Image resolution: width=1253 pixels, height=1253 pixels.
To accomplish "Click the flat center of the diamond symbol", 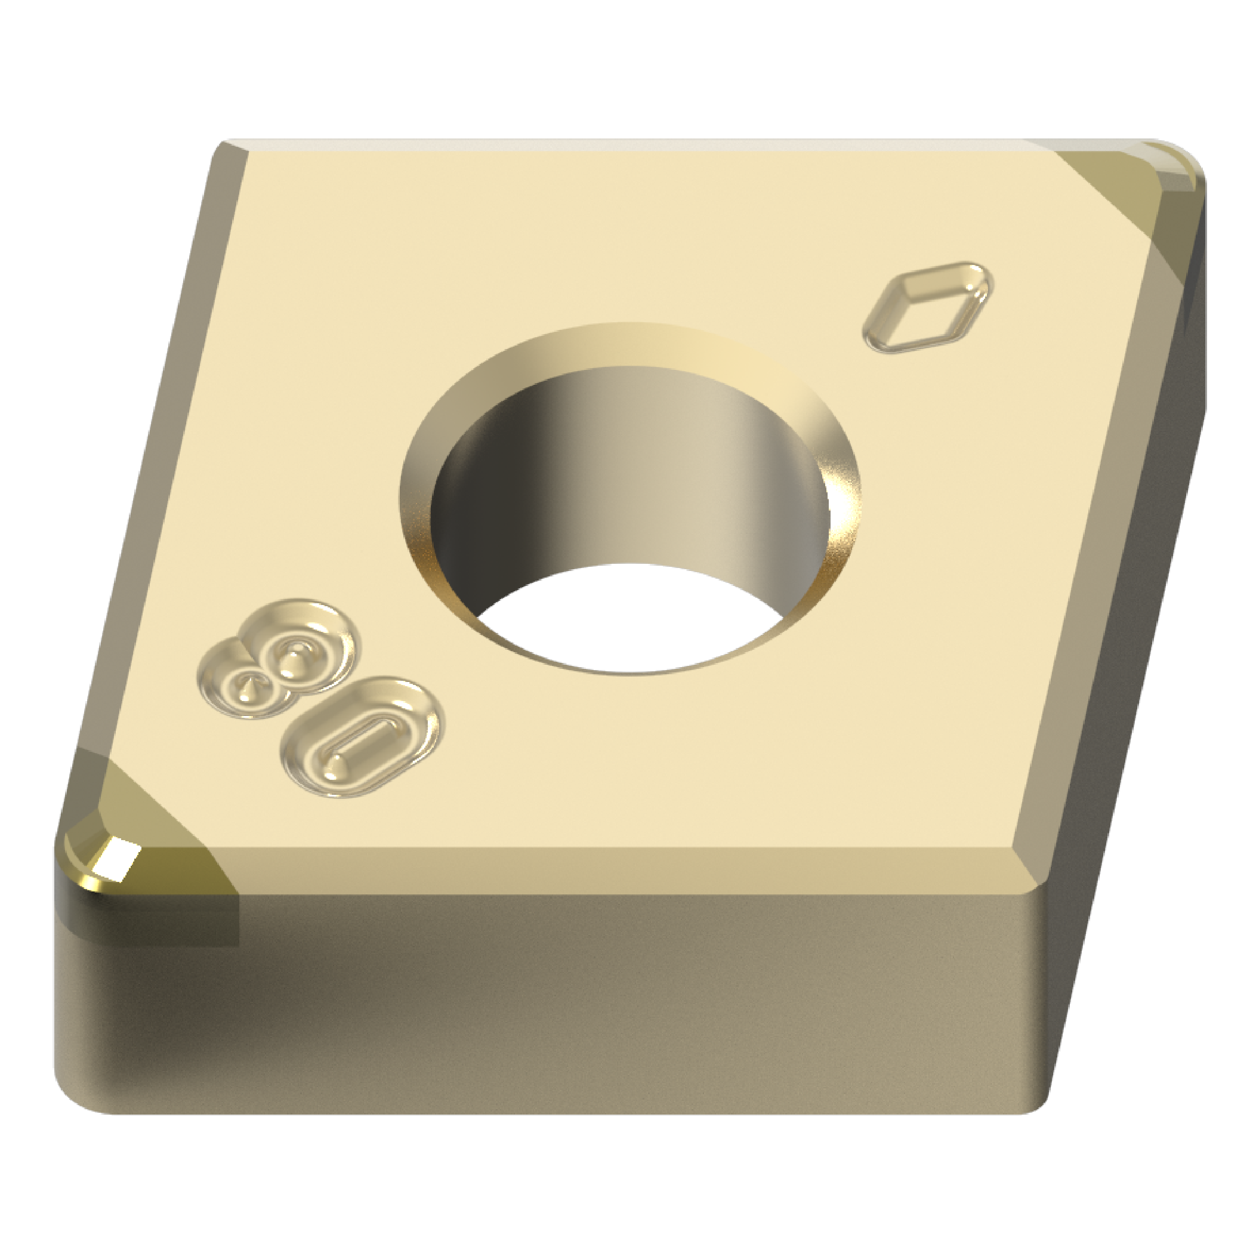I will [929, 308].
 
